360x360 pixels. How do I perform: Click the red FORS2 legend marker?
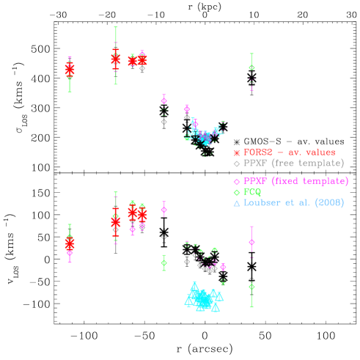pyautogui.click(x=236, y=153)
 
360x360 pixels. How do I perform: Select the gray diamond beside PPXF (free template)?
pyautogui.click(x=236, y=164)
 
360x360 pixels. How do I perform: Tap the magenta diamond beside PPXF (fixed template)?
pyautogui.click(x=236, y=181)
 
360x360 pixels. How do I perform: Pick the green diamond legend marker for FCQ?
pyautogui.click(x=236, y=192)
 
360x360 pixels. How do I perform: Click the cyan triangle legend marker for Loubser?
pyautogui.click(x=236, y=203)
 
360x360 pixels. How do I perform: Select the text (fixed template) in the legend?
pyautogui.click(x=309, y=180)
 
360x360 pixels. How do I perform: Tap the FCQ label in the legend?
pyautogui.click(x=252, y=191)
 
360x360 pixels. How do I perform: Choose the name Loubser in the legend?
pyautogui.click(x=262, y=202)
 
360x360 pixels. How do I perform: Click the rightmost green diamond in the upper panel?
pyautogui.click(x=251, y=67)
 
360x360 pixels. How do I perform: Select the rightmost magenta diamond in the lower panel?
pyautogui.click(x=251, y=241)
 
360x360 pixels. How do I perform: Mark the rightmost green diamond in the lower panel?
pyautogui.click(x=251, y=286)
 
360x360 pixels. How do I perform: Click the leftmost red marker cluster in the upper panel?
pyautogui.click(x=70, y=70)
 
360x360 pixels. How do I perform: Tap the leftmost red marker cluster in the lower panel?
pyautogui.click(x=70, y=243)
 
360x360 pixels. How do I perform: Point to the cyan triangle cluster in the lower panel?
pyautogui.click(x=202, y=297)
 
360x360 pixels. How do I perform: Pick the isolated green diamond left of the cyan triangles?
pyautogui.click(x=164, y=262)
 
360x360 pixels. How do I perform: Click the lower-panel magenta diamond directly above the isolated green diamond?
pyautogui.click(x=164, y=210)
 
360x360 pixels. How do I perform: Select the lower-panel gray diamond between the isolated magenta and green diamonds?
pyautogui.click(x=164, y=237)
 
